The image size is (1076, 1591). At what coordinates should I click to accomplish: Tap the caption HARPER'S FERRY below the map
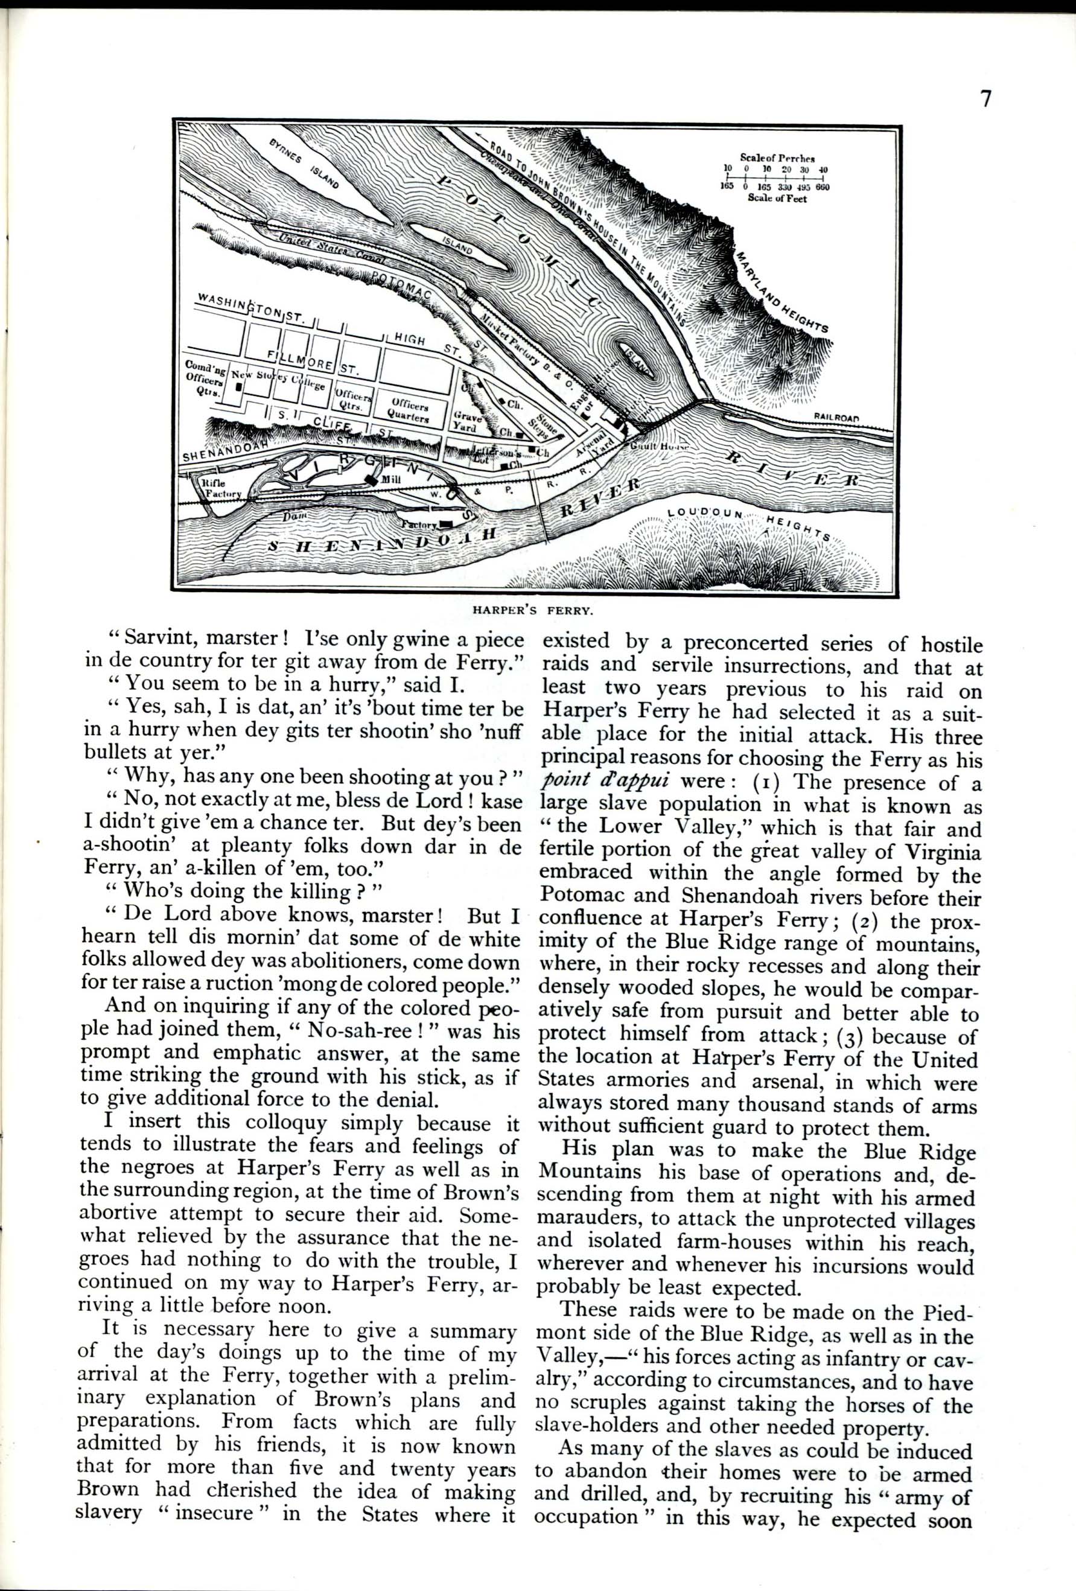536,607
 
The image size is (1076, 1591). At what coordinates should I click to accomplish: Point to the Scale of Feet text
777,199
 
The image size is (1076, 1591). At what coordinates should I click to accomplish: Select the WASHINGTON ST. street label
250,307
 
